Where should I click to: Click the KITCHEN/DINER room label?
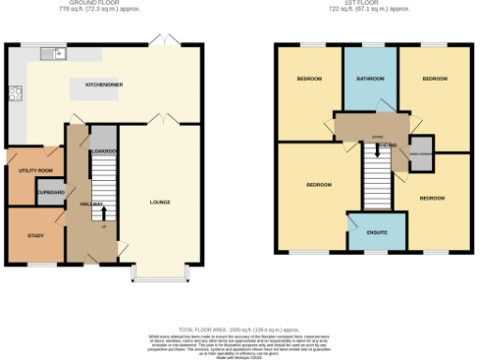(105, 83)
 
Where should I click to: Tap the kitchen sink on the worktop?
(56, 53)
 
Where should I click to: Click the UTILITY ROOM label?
(33, 170)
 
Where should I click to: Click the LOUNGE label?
(159, 202)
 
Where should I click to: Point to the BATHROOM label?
(370, 79)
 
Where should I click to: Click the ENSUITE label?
(376, 230)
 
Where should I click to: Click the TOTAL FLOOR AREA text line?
(239, 330)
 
